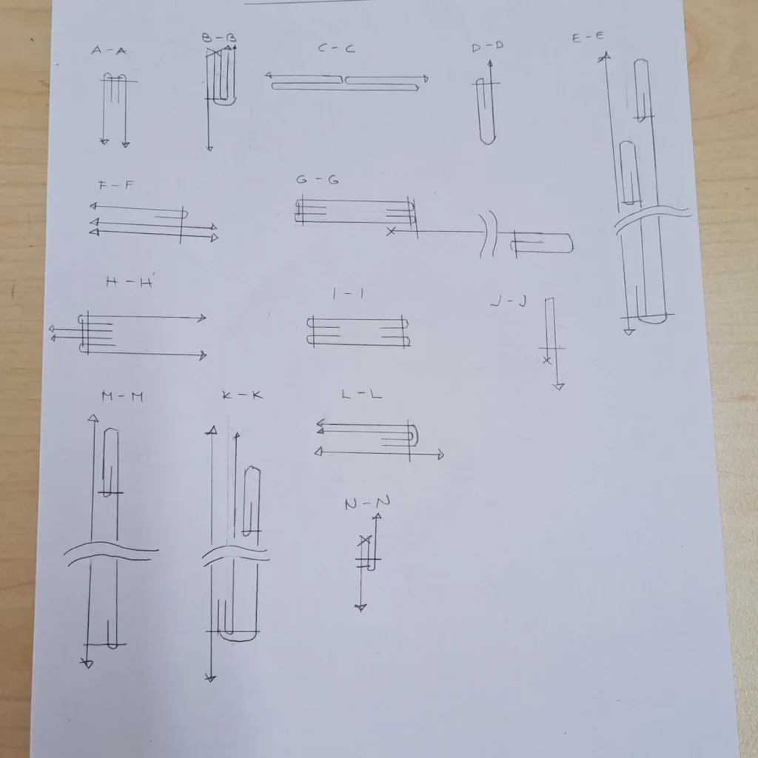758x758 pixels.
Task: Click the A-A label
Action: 109,50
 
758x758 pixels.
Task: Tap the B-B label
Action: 219,38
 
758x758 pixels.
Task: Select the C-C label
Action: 336,48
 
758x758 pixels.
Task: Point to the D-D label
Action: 487,47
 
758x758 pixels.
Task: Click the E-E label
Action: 588,37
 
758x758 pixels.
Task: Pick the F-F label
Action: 116,185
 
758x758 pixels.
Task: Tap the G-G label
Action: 317,179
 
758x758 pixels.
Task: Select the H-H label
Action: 129,282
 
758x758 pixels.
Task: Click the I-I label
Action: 348,293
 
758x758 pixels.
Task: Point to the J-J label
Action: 509,302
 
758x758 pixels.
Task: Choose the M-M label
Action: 122,397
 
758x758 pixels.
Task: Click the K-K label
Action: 242,395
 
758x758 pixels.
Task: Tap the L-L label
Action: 361,395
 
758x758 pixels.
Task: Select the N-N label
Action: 367,503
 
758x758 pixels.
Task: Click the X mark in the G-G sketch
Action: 391,232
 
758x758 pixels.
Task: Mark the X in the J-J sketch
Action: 547,360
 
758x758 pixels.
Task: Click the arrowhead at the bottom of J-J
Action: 558,386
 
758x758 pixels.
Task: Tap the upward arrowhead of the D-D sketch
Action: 490,64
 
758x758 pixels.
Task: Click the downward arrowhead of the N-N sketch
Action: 360,608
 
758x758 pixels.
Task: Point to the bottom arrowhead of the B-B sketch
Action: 209,148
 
